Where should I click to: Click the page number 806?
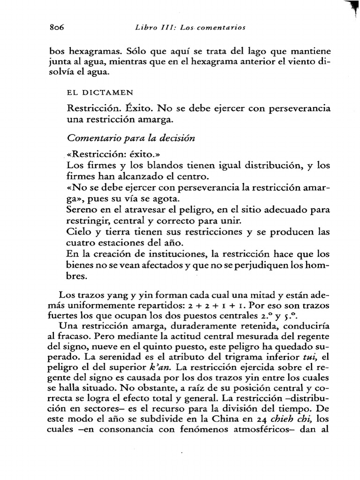(57, 28)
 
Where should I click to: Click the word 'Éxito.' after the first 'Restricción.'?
(127, 109)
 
